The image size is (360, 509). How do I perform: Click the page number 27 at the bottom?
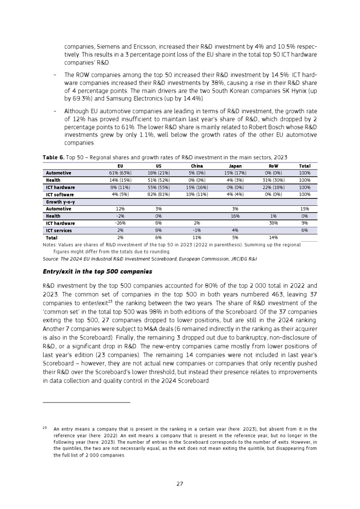(179, 484)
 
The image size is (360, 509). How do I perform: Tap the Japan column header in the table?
(235, 166)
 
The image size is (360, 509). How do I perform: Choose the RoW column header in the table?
(273, 166)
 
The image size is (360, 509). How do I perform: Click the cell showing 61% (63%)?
(120, 173)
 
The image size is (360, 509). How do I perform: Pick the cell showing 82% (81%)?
(158, 195)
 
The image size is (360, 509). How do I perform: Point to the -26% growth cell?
(120, 224)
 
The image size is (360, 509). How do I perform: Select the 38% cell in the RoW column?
(273, 224)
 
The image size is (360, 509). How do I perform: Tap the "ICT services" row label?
(60, 231)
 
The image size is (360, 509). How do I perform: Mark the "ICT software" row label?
(60, 195)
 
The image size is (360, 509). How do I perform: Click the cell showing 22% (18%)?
(273, 188)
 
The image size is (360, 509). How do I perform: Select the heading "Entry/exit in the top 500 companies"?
(97, 271)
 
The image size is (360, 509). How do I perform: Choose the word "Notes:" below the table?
(50, 245)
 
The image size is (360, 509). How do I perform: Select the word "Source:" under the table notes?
(51, 259)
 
